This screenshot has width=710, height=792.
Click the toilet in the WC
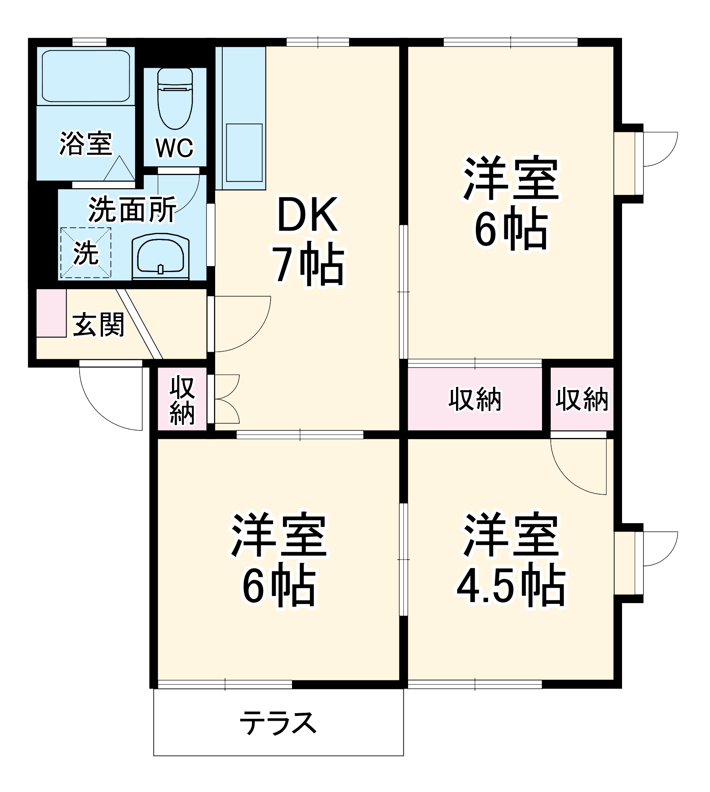(175, 99)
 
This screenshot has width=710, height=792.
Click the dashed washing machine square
(86, 253)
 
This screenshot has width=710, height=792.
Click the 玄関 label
(98, 325)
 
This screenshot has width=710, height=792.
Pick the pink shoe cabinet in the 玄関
(51, 313)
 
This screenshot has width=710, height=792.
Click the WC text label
(175, 148)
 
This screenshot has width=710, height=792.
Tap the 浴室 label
(86, 143)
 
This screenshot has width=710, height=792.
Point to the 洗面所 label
(132, 210)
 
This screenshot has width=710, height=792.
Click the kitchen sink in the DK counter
(244, 152)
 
